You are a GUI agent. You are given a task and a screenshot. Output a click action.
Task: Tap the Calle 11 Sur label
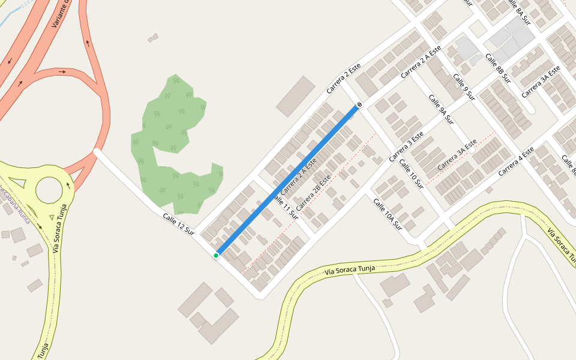pyautogui.click(x=286, y=206)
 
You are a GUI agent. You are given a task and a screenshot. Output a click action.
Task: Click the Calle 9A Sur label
pyautogui.click(x=440, y=107)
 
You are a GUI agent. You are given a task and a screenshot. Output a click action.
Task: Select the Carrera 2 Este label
pyautogui.click(x=346, y=79)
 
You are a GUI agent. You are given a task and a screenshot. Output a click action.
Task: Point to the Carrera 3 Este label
pyautogui.click(x=406, y=146)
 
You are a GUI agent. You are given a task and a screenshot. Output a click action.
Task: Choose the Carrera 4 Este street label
pyautogui.click(x=515, y=161)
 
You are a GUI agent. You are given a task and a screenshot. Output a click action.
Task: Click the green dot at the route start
pyautogui.click(x=216, y=256)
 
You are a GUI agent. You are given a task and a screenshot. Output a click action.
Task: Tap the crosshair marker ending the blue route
pyautogui.click(x=359, y=106)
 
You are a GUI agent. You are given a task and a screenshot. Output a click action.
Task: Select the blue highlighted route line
pyautogui.click(x=288, y=180)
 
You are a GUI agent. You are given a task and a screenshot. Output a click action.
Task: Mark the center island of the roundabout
pyautogui.click(x=49, y=190)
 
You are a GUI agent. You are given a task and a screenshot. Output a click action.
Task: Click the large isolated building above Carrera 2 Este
pyautogui.click(x=296, y=96)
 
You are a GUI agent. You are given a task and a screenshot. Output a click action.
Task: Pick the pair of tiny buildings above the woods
pyautogui.click(x=153, y=38)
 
